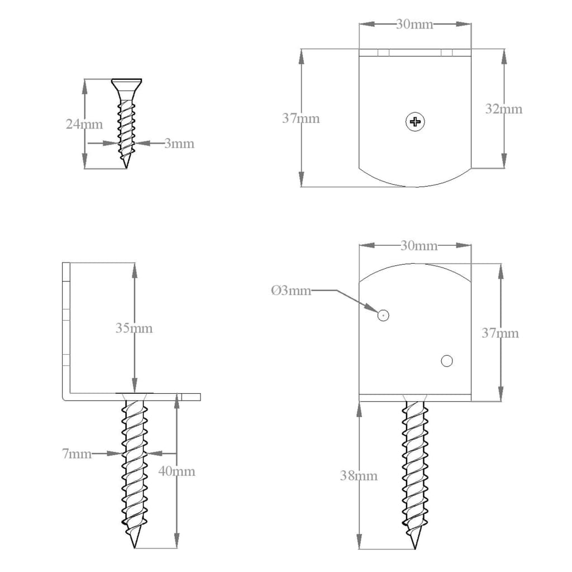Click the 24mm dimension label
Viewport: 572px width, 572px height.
84,125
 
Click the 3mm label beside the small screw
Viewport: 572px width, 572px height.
179,144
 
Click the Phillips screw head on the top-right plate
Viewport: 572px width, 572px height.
415,121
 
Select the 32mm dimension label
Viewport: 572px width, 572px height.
503,109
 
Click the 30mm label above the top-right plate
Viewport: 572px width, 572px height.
414,25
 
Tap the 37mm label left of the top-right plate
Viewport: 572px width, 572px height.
301,118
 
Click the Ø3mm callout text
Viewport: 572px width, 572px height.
290,290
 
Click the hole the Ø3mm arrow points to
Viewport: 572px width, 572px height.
383,316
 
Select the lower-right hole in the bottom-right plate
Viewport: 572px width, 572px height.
446,361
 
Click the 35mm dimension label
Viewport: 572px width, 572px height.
134,328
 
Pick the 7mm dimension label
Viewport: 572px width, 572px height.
77,454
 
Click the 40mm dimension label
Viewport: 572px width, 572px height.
177,471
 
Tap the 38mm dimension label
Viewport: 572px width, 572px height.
359,476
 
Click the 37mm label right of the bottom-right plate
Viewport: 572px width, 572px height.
500,333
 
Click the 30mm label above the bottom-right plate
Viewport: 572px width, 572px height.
419,246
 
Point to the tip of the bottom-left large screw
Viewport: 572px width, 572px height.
135,546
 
